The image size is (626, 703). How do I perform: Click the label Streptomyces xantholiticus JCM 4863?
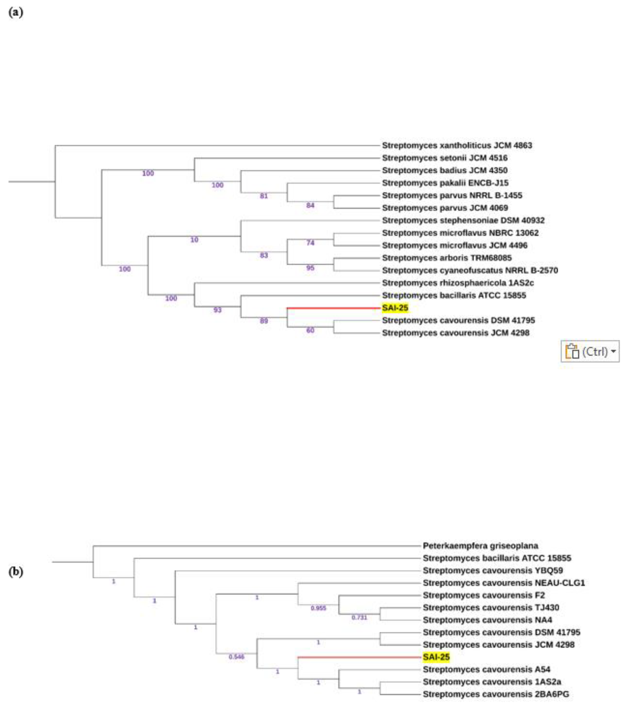pyautogui.click(x=457, y=145)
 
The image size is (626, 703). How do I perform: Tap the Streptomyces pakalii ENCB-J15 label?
pyautogui.click(x=445, y=183)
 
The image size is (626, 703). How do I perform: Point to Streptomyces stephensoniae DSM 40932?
pyautogui.click(x=463, y=221)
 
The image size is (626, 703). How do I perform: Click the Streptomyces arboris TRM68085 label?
pyautogui.click(x=447, y=258)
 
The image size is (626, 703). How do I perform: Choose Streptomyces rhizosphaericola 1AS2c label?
pyautogui.click(x=458, y=283)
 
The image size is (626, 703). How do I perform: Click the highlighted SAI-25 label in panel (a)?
pyautogui.click(x=395, y=308)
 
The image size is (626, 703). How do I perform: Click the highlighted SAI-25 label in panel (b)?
pyautogui.click(x=436, y=657)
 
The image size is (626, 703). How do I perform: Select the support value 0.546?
pyautogui.click(x=236, y=657)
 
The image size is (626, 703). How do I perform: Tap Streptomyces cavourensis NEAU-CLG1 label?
pyautogui.click(x=504, y=583)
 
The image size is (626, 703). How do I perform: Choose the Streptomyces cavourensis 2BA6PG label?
pyautogui.click(x=496, y=694)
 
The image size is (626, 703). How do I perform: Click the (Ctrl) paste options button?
pyautogui.click(x=590, y=351)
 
